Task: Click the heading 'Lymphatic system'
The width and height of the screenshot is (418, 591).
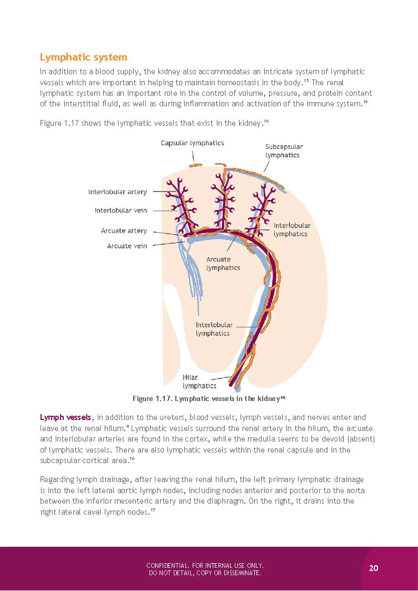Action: pyautogui.click(x=84, y=57)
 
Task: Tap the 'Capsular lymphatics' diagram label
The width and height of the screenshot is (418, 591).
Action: pyautogui.click(x=192, y=143)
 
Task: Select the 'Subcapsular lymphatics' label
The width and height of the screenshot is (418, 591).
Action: pyautogui.click(x=284, y=151)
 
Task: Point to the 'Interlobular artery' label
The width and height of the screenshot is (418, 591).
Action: pyautogui.click(x=117, y=192)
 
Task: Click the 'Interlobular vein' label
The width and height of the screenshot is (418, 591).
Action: pyautogui.click(x=121, y=211)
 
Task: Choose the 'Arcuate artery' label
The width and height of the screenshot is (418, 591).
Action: pyautogui.click(x=124, y=231)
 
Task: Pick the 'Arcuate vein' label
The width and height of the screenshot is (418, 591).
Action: pyautogui.click(x=127, y=246)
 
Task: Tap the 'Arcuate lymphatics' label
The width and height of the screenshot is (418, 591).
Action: pyautogui.click(x=223, y=264)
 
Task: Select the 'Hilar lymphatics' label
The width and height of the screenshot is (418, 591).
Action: pyautogui.click(x=199, y=382)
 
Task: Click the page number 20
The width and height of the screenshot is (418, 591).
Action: pyautogui.click(x=374, y=568)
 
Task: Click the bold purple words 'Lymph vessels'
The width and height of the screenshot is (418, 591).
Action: pyautogui.click(x=66, y=417)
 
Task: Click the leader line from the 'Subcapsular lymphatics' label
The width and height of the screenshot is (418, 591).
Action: pyautogui.click(x=267, y=166)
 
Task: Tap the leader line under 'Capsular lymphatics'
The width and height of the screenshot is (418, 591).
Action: pyautogui.click(x=193, y=155)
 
